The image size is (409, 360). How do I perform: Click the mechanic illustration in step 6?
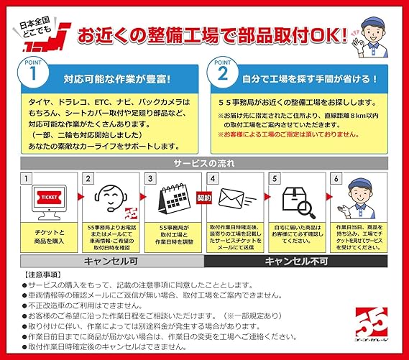357,198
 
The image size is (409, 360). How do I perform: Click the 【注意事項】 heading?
45,275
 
